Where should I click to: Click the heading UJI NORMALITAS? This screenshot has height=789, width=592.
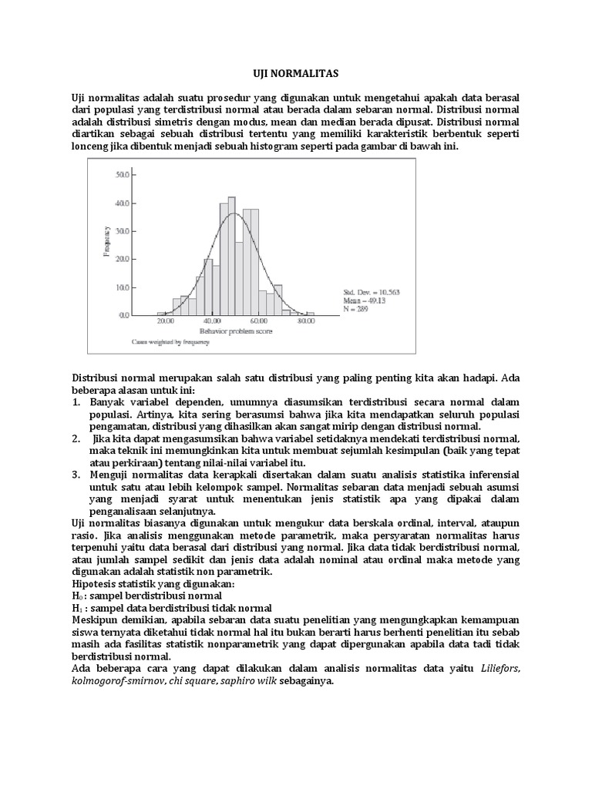pos(296,72)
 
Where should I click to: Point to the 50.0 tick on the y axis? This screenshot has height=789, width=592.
pos(122,176)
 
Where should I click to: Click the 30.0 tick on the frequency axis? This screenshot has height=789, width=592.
pos(122,231)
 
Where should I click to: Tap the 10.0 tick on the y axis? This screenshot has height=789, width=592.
pos(122,287)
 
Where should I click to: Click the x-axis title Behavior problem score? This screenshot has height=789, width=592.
pos(234,330)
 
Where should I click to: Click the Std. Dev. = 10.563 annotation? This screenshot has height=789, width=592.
pos(371,292)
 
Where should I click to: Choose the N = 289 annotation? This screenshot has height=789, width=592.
pos(357,309)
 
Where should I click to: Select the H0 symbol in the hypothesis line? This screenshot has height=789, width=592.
pos(76,596)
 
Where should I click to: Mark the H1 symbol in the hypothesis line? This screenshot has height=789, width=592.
pos(76,608)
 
